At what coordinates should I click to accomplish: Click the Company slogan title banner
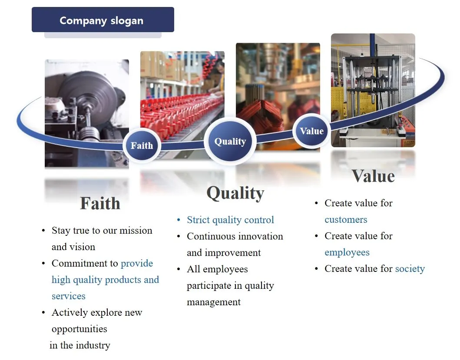(103, 20)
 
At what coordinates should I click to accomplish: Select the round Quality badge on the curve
(230, 141)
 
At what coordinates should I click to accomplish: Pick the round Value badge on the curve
(311, 131)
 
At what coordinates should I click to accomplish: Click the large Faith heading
(100, 203)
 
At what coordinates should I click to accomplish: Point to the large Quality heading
(235, 193)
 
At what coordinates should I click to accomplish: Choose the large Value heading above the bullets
(373, 176)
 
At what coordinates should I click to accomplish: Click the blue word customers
(346, 219)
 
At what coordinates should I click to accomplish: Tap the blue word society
(410, 269)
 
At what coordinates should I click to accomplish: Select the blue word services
(68, 296)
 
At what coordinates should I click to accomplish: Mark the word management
(214, 302)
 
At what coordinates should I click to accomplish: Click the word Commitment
(85, 263)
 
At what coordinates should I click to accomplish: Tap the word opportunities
(79, 329)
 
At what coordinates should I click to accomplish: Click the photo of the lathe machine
(87, 113)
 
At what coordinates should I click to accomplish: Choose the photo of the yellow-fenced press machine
(373, 90)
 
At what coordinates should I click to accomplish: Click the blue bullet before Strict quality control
(179, 220)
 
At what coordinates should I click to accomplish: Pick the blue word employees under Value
(347, 252)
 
